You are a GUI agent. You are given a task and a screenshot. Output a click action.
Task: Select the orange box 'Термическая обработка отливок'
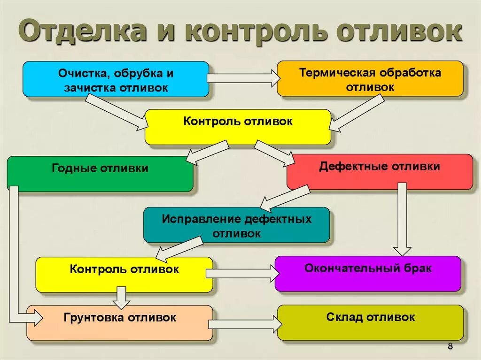(370, 78)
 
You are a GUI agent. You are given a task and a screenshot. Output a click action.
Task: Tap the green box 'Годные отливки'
(100, 174)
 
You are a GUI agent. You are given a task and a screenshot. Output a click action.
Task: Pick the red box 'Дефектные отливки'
(380, 172)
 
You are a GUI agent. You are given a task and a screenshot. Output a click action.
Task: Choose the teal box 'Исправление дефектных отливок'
(236, 225)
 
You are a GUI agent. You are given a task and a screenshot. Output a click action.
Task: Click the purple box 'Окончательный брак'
(368, 274)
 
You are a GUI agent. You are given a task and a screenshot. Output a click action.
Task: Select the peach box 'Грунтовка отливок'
(120, 323)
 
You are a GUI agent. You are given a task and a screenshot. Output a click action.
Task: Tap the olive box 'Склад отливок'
(370, 322)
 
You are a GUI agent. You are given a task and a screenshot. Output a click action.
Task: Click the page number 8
(450, 347)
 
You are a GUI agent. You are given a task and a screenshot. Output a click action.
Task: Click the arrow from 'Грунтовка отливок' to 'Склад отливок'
(244, 324)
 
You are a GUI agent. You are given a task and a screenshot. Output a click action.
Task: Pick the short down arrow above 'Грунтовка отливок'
(122, 296)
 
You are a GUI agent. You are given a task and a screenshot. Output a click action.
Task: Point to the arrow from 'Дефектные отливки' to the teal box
(285, 198)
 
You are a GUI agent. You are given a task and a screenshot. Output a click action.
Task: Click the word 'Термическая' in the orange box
(329, 73)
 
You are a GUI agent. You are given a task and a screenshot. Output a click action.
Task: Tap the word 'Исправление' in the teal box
(201, 219)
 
